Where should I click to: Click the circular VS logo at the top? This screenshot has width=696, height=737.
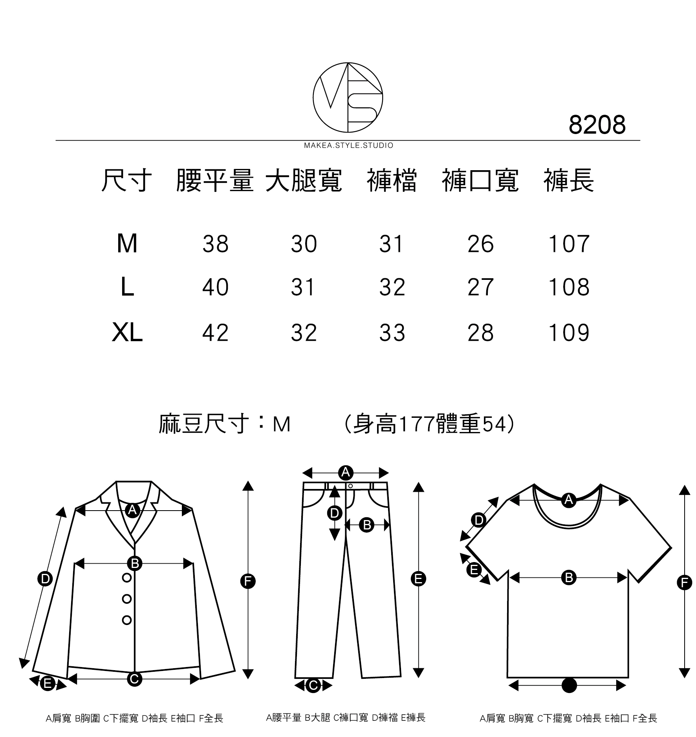pos(348,97)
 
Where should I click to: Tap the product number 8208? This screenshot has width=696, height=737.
pos(597,125)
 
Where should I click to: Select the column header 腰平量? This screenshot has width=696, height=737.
pos(214,181)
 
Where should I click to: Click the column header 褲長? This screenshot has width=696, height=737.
pos(568,181)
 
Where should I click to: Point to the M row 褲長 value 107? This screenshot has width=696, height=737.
pos(569,244)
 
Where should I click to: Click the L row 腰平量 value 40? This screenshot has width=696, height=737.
pos(215,287)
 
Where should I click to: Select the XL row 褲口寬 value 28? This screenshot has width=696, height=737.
pos(480,333)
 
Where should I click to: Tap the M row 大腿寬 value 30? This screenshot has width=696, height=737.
pos(304,244)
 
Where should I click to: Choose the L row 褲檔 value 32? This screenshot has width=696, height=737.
pos(392,287)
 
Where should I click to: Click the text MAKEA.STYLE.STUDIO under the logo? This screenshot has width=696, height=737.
pos(348,146)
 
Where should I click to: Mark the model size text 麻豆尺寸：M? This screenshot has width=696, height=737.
pos(224,424)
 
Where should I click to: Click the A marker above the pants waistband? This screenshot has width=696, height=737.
pos(346,472)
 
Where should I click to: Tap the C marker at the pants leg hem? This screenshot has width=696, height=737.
pos(313,686)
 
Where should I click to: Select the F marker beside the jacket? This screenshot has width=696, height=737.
pos(247,581)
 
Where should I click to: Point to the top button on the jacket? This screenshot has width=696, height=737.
pos(127,577)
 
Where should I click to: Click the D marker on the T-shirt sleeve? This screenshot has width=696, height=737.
pos(479,520)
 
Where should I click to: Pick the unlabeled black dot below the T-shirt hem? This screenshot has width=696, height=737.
pos(569,686)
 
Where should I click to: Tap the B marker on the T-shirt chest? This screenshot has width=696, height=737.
pos(569,577)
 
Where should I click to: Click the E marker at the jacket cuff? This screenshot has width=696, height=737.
pos(48,684)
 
